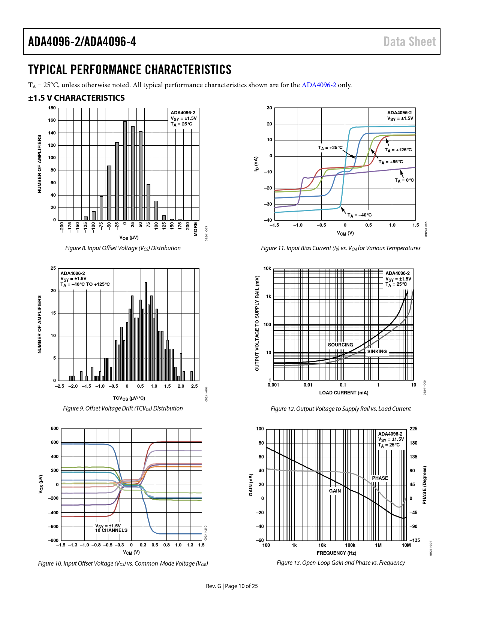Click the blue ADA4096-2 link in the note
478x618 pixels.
coord(319,85)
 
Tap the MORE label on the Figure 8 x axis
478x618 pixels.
coord(195,229)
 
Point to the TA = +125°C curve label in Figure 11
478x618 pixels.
coord(398,150)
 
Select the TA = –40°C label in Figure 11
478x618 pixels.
coord(360,215)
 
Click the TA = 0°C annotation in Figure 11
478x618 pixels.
coord(404,180)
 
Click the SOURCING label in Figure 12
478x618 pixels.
coord(340,345)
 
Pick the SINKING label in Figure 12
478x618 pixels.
coord(377,351)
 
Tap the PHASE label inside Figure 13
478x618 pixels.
coord(380,478)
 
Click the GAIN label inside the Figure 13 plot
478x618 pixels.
coord(335,491)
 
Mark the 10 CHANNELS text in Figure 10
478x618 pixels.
coord(111,530)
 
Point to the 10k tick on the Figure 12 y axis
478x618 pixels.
coord(267,269)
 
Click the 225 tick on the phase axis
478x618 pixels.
coord(413,429)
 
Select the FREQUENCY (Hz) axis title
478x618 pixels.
coord(336,553)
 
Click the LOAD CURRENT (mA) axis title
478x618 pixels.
coord(343,393)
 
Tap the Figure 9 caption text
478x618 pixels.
coord(123,408)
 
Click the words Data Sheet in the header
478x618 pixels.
coord(409,42)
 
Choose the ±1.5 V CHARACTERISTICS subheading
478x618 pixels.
coord(76,98)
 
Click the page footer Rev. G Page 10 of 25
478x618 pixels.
coord(232,586)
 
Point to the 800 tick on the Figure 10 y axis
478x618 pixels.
coord(55,428)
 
